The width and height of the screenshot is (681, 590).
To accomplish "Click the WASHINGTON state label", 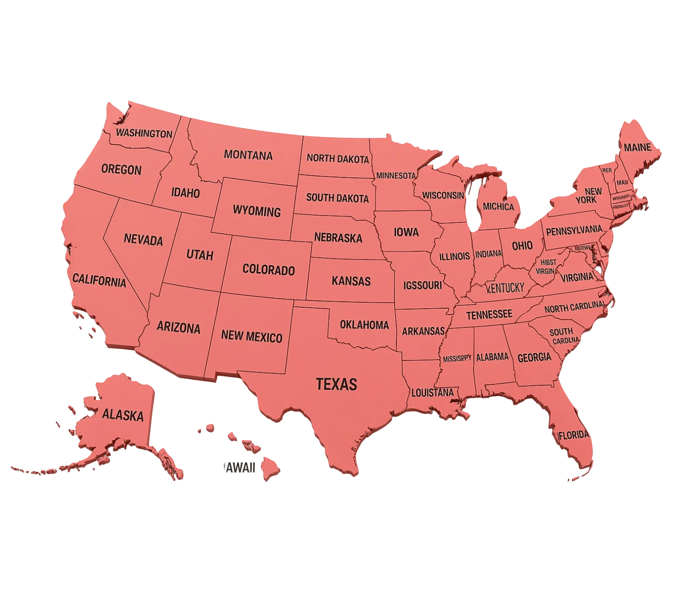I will (144, 133).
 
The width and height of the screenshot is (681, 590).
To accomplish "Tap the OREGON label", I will (121, 170).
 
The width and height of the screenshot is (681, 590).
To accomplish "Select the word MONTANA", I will (248, 155).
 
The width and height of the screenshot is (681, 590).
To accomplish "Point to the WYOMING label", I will (257, 211).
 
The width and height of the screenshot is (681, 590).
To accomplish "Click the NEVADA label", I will (143, 239).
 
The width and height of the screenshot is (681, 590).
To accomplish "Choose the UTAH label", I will (200, 255).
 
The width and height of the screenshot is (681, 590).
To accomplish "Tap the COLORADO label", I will (268, 270).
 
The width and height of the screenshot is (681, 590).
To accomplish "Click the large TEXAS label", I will (336, 384).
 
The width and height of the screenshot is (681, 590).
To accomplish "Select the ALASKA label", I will (123, 415).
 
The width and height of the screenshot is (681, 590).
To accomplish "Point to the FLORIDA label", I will (573, 435).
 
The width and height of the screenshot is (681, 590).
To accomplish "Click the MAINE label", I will (637, 147).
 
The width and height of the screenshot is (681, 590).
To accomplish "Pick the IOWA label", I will (406, 232).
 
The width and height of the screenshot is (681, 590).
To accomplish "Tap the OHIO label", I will (522, 246).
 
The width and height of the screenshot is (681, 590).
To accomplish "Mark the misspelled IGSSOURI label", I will (422, 285).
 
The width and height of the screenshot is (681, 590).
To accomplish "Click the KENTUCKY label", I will (505, 287).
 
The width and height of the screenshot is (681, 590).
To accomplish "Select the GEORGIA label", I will (534, 357).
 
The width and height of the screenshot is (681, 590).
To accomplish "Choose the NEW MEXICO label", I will (252, 336).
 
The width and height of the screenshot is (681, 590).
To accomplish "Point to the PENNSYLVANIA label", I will (574, 231).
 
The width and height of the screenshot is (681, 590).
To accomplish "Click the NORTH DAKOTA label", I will (337, 158).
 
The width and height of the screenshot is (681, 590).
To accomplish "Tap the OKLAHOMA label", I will (364, 324).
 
